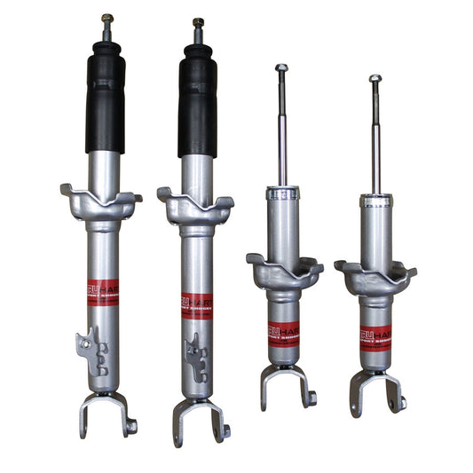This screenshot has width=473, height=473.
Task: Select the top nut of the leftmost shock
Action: [106, 18]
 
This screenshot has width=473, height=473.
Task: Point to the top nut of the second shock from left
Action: [198, 22]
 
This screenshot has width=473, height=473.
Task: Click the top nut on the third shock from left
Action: [281, 68]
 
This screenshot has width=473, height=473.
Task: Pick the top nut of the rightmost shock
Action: [375, 79]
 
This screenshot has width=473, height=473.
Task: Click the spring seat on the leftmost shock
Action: [101, 202]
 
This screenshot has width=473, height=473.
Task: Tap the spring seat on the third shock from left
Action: [284, 271]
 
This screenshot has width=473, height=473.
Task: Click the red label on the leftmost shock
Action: [103, 293]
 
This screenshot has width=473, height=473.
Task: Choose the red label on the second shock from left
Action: [196, 306]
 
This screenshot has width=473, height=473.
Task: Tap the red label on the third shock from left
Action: [284, 334]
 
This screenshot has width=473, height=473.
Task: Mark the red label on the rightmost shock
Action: [376, 338]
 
